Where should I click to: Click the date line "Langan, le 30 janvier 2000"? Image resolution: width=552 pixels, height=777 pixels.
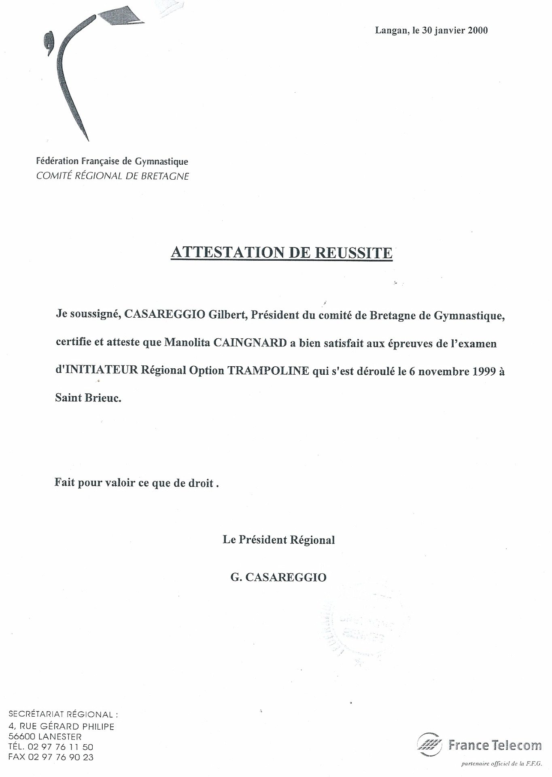click(x=431, y=30)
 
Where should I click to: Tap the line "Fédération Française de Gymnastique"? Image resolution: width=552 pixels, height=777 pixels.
click(x=112, y=161)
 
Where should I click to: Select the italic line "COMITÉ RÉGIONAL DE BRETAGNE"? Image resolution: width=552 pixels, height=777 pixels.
click(x=113, y=176)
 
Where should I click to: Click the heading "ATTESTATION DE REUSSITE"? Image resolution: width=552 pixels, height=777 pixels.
click(x=282, y=253)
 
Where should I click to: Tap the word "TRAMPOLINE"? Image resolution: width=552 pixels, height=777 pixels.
click(x=269, y=371)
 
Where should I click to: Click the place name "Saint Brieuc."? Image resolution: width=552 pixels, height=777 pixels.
click(x=88, y=398)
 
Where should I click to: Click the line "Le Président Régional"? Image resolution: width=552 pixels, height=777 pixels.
click(x=279, y=540)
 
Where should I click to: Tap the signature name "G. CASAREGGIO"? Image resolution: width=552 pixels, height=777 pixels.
click(x=278, y=577)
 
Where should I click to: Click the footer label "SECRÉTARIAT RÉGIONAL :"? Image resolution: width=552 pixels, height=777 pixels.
click(x=63, y=715)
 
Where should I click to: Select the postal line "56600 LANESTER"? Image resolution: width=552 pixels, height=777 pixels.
click(x=45, y=737)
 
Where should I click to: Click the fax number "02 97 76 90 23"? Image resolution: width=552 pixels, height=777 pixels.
click(x=61, y=757)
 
